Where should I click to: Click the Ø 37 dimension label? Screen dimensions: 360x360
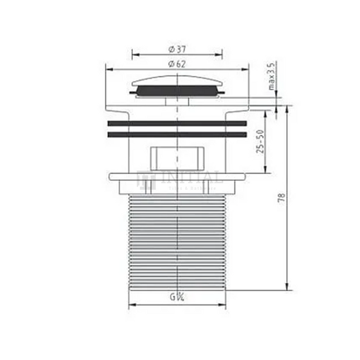[176, 49]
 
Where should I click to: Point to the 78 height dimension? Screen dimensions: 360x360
[282, 198]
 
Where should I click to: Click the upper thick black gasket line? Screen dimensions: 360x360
[177, 123]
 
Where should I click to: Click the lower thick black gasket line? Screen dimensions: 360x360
[177, 134]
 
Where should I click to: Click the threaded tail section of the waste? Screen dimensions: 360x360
[177, 240]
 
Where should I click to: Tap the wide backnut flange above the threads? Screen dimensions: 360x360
[177, 177]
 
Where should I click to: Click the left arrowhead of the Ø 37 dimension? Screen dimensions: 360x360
[135, 55]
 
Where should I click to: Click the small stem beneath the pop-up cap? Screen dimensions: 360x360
[177, 100]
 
